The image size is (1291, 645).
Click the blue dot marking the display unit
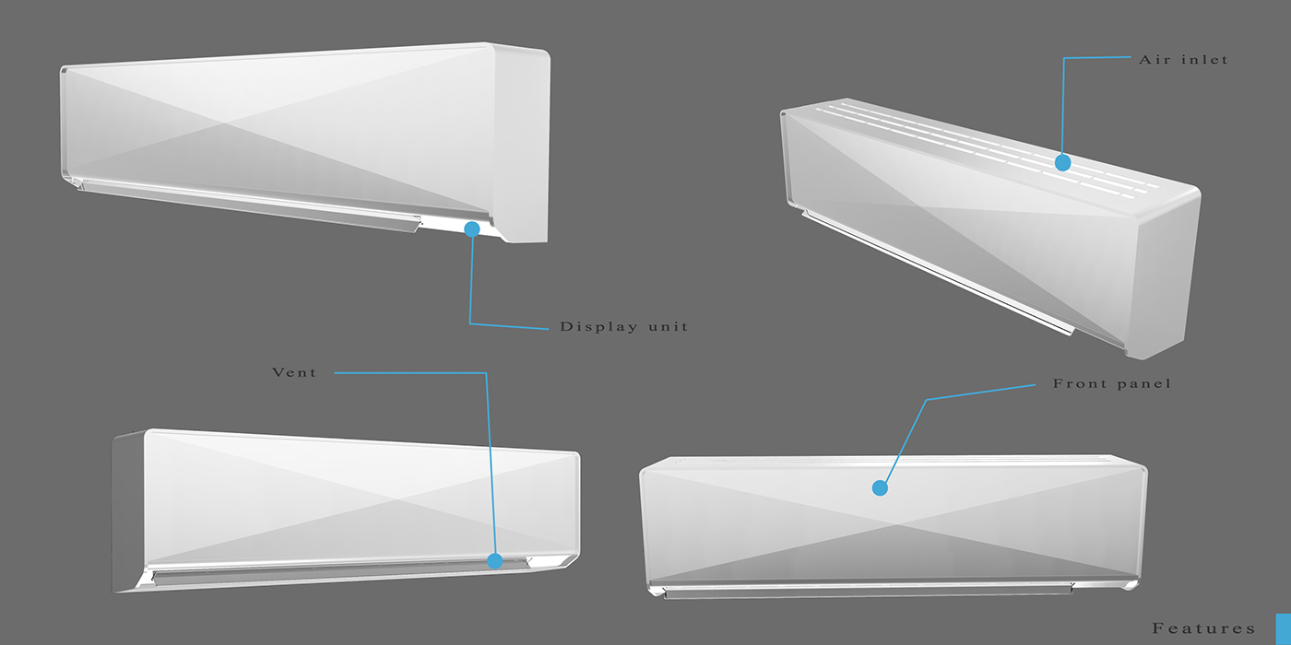[x=472, y=229]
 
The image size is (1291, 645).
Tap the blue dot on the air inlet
[x=1062, y=163]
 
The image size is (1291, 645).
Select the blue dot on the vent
[x=495, y=560]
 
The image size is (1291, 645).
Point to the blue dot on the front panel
[x=880, y=487]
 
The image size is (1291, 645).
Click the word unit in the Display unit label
[x=667, y=326]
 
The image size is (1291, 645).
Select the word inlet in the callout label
[x=1205, y=59]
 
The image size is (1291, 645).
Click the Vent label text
[x=294, y=372]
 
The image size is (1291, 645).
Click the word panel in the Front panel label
[x=1144, y=383]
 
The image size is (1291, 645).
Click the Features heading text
[x=1203, y=628]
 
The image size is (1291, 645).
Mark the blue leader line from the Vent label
[x=487, y=461]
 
